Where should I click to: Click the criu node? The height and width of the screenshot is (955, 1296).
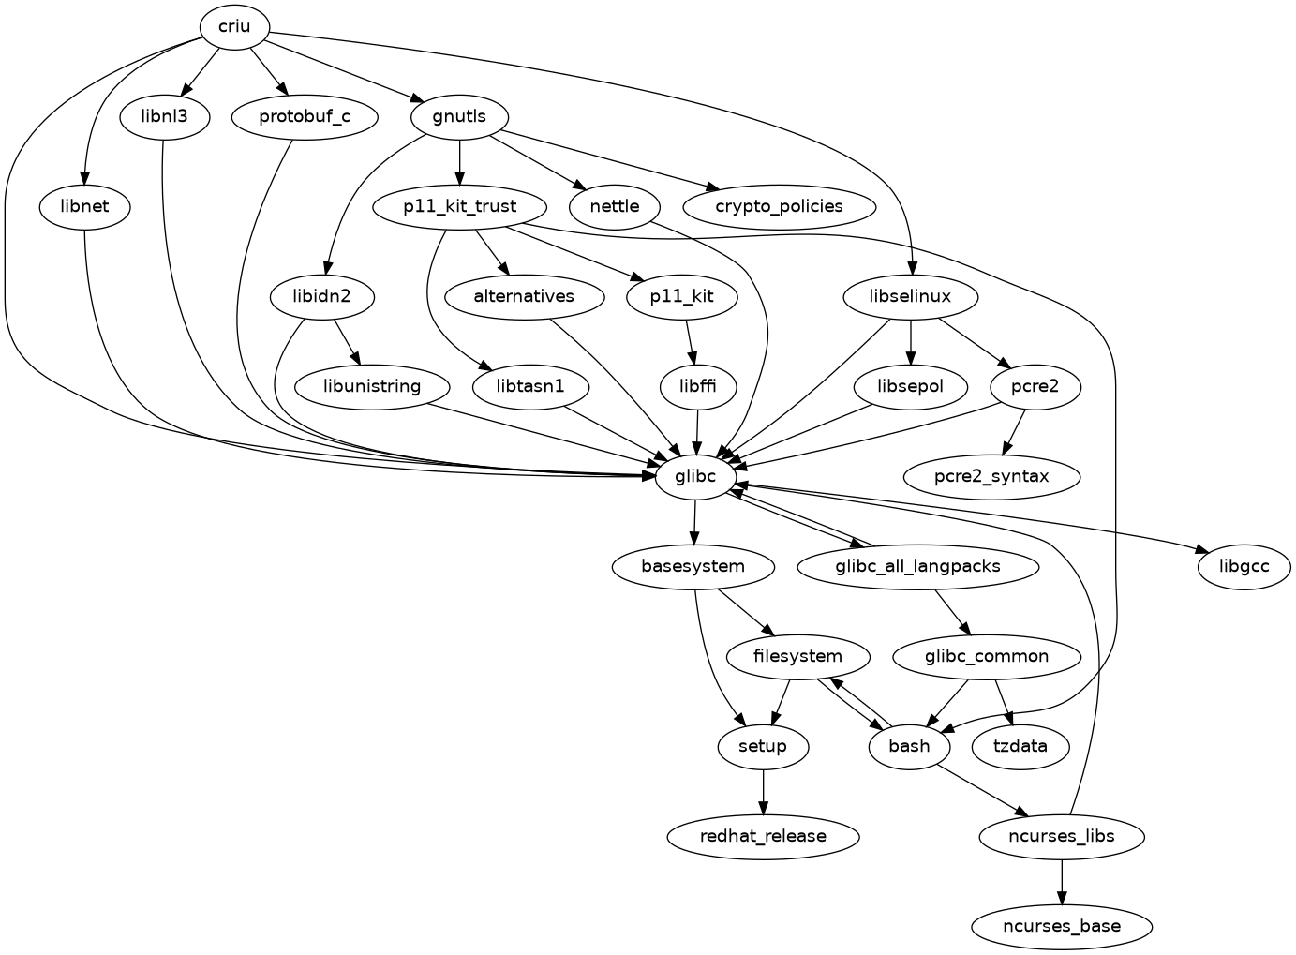point(234,26)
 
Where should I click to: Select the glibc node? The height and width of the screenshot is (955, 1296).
point(694,476)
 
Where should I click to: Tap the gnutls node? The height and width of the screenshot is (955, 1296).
point(460,117)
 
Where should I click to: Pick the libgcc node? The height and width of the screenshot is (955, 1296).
point(1244,566)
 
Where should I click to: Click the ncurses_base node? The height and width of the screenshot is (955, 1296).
point(1062,926)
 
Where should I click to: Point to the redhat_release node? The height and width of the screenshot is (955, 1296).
point(764,836)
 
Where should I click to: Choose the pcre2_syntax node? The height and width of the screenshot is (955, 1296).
point(991,476)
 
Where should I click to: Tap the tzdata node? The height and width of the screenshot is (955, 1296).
point(1021,746)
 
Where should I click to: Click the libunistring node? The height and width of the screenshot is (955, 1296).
point(371,386)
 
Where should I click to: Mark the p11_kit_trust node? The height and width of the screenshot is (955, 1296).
point(460,206)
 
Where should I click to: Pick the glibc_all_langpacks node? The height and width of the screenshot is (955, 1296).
point(917,566)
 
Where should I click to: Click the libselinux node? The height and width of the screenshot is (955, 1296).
point(911,297)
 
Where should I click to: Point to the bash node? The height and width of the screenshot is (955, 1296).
point(909,746)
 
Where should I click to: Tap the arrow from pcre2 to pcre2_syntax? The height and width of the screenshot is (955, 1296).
point(1012,432)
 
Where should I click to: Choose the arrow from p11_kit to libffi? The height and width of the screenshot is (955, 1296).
point(691,342)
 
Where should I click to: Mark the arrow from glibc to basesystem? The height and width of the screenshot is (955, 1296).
point(694,521)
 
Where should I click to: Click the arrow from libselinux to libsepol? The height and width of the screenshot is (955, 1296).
point(911,342)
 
